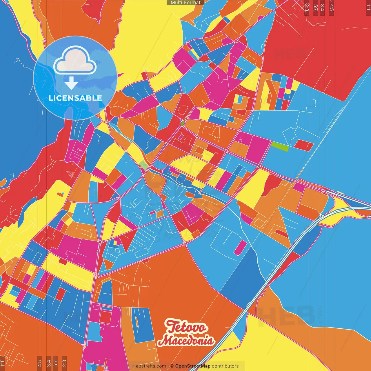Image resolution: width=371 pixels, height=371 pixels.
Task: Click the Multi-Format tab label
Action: coord(185,3)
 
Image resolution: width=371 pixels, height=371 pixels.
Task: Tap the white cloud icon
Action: coord(75,60)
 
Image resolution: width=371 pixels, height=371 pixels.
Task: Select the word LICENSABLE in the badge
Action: coord(75,98)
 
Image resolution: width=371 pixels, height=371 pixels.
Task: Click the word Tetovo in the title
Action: coord(186,327)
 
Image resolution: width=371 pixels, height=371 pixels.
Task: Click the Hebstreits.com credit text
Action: coord(149,366)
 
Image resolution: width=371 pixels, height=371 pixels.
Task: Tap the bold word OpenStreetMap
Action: coord(192,366)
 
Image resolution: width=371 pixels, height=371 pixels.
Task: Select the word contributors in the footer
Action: coord(225,366)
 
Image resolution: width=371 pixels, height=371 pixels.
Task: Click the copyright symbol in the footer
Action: coord(172,366)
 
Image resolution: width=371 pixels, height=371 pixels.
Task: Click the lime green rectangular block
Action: coord(280,147)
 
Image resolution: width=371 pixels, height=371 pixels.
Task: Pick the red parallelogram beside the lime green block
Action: coord(304,145)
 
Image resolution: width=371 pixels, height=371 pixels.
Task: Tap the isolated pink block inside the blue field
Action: coord(240,248)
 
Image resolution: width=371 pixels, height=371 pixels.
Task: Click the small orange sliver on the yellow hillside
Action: coord(60,194)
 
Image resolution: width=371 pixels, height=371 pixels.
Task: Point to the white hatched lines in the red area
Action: coord(70,174)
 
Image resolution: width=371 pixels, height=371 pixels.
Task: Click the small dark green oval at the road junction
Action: coord(182,123)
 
